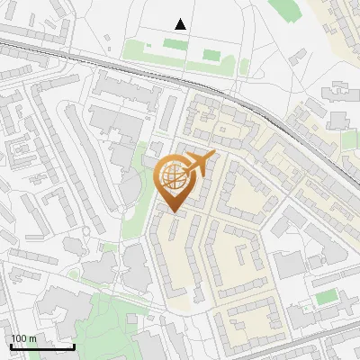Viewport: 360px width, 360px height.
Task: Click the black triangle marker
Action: point(182,24)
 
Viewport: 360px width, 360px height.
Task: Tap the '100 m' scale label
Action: point(23,338)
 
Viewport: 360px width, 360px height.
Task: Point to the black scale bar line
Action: point(42,346)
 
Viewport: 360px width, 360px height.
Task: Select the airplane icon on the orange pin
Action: point(197,165)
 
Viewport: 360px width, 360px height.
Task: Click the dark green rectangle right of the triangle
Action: point(211,55)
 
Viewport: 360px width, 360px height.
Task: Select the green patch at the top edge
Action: point(286,9)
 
